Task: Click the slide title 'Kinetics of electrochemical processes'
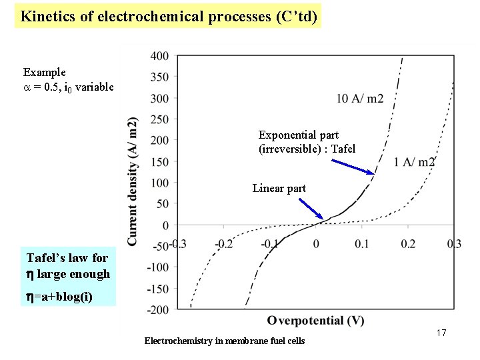[x=167, y=15]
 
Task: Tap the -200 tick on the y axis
[x=158, y=309]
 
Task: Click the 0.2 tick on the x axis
[x=407, y=244]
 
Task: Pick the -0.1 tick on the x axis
[x=270, y=244]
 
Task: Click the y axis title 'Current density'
[x=133, y=181]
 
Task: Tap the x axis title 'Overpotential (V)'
[x=315, y=321]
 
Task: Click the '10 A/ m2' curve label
[x=359, y=99]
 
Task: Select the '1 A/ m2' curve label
[x=414, y=162]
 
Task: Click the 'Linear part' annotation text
[x=279, y=189]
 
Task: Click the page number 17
[x=440, y=333]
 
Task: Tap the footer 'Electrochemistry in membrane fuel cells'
[x=224, y=341]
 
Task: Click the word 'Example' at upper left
[x=44, y=72]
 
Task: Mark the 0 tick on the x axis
[x=316, y=244]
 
